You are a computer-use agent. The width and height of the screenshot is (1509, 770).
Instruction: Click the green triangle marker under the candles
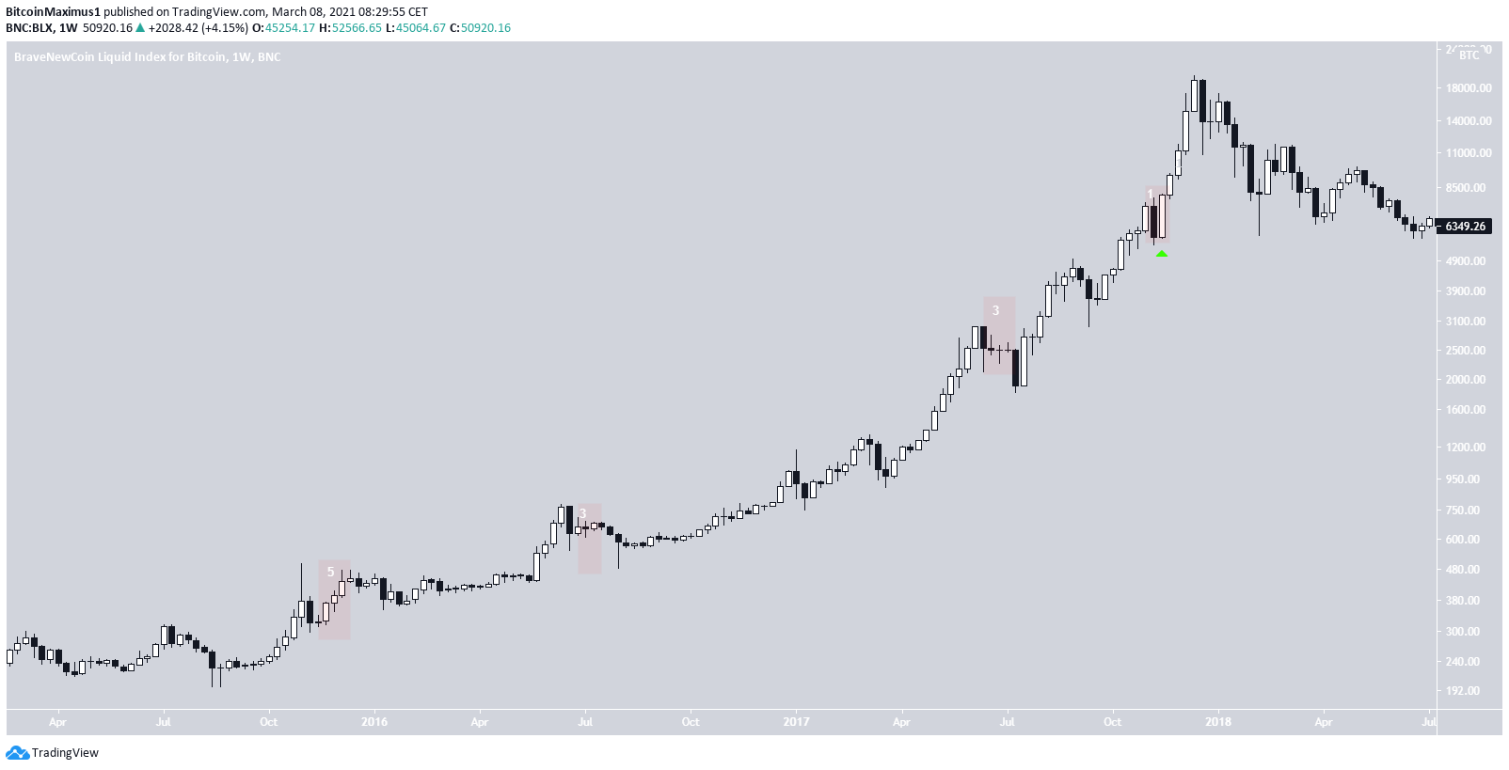coord(1162,253)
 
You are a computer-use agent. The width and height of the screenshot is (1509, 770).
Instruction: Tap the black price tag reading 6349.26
coord(1465,227)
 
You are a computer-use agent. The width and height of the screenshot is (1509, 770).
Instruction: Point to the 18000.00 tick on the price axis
coord(1469,88)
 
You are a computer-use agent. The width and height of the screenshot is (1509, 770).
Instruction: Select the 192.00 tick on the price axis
coord(1469,691)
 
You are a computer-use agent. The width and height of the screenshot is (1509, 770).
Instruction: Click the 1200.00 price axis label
coord(1469,448)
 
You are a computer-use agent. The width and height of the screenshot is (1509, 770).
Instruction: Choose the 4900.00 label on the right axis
coord(1469,261)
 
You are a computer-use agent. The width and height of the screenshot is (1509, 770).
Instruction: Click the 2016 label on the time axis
coord(374,722)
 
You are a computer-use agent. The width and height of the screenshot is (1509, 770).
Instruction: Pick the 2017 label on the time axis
coord(796,722)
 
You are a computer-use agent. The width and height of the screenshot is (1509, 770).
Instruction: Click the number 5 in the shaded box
coord(330,572)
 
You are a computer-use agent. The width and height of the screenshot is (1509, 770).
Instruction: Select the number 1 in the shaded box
coord(1150,195)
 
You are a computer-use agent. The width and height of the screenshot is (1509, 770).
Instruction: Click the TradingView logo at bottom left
coord(53,753)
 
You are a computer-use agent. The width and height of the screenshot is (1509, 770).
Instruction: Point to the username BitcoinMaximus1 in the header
coord(52,12)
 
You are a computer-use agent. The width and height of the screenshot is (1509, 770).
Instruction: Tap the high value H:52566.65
coord(350,28)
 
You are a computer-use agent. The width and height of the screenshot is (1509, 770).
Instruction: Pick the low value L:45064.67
coord(415,28)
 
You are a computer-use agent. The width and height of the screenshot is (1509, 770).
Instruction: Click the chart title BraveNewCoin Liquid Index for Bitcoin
coord(119,57)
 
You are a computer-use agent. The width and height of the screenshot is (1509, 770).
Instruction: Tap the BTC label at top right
coord(1469,55)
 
